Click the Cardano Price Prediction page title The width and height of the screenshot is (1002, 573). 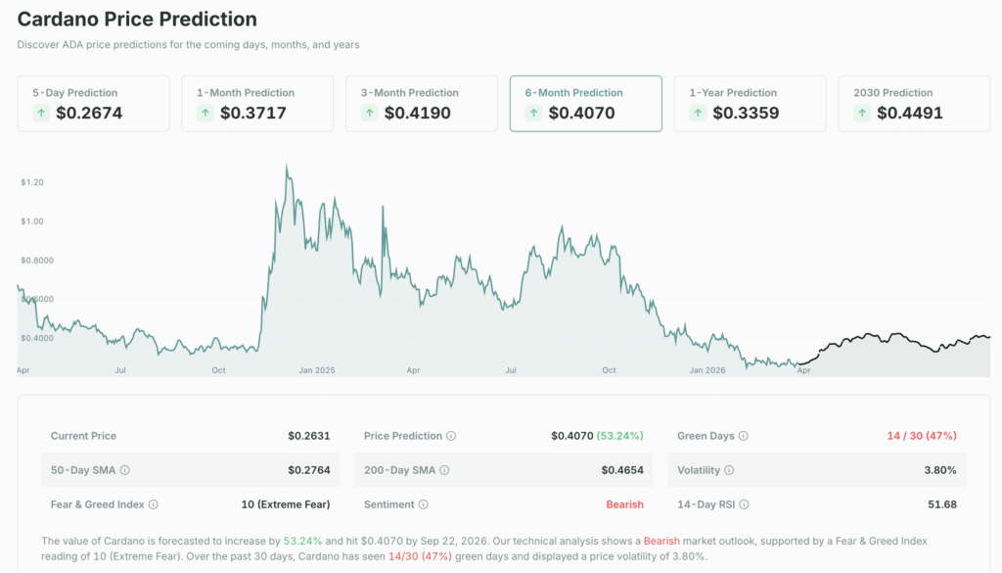click(137, 20)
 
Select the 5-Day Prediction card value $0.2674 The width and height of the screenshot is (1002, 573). click(89, 113)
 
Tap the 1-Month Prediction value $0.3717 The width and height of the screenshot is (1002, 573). click(253, 113)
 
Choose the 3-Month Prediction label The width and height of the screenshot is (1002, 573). click(409, 93)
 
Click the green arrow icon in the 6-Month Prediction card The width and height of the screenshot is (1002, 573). click(533, 113)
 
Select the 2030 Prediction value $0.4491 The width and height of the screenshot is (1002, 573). click(909, 113)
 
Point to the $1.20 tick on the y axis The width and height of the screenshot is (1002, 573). click(31, 182)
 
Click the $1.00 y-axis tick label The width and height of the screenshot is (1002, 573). click(31, 221)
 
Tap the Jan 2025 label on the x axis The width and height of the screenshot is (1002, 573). click(317, 370)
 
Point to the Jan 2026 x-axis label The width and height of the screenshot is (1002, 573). click(707, 370)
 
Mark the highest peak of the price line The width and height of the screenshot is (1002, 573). click(286, 166)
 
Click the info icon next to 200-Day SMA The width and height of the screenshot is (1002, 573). click(445, 470)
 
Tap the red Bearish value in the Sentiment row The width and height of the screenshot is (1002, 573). click(624, 504)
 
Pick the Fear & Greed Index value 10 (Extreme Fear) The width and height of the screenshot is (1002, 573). click(285, 504)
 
